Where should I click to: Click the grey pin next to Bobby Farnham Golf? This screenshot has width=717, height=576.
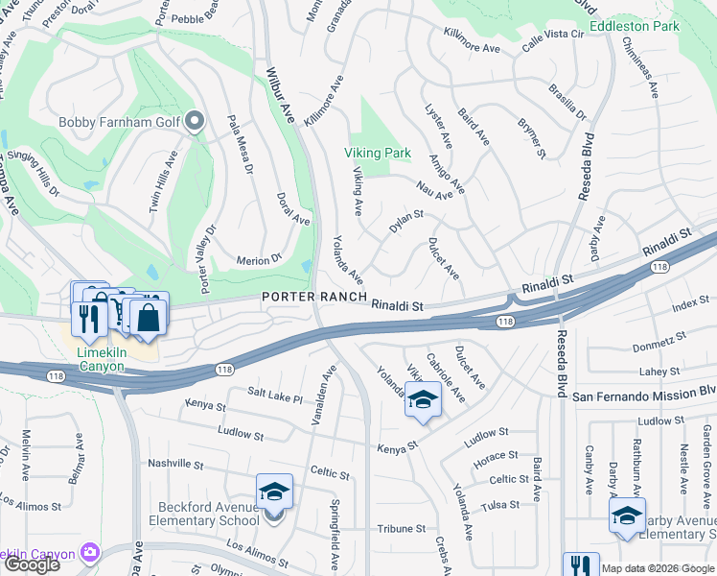click(x=196, y=121)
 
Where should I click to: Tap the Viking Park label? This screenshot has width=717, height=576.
click(x=377, y=153)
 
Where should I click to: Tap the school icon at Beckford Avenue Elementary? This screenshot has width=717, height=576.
click(x=274, y=493)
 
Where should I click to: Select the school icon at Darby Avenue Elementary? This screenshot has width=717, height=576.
click(x=627, y=516)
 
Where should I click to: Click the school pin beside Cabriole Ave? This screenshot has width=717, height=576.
click(x=423, y=400)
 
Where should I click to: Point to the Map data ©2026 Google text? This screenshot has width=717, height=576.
click(x=658, y=568)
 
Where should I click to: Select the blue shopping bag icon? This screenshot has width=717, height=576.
click(x=149, y=318)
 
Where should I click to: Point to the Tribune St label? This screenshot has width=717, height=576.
click(x=401, y=528)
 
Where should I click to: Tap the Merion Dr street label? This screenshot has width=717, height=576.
click(x=261, y=258)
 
